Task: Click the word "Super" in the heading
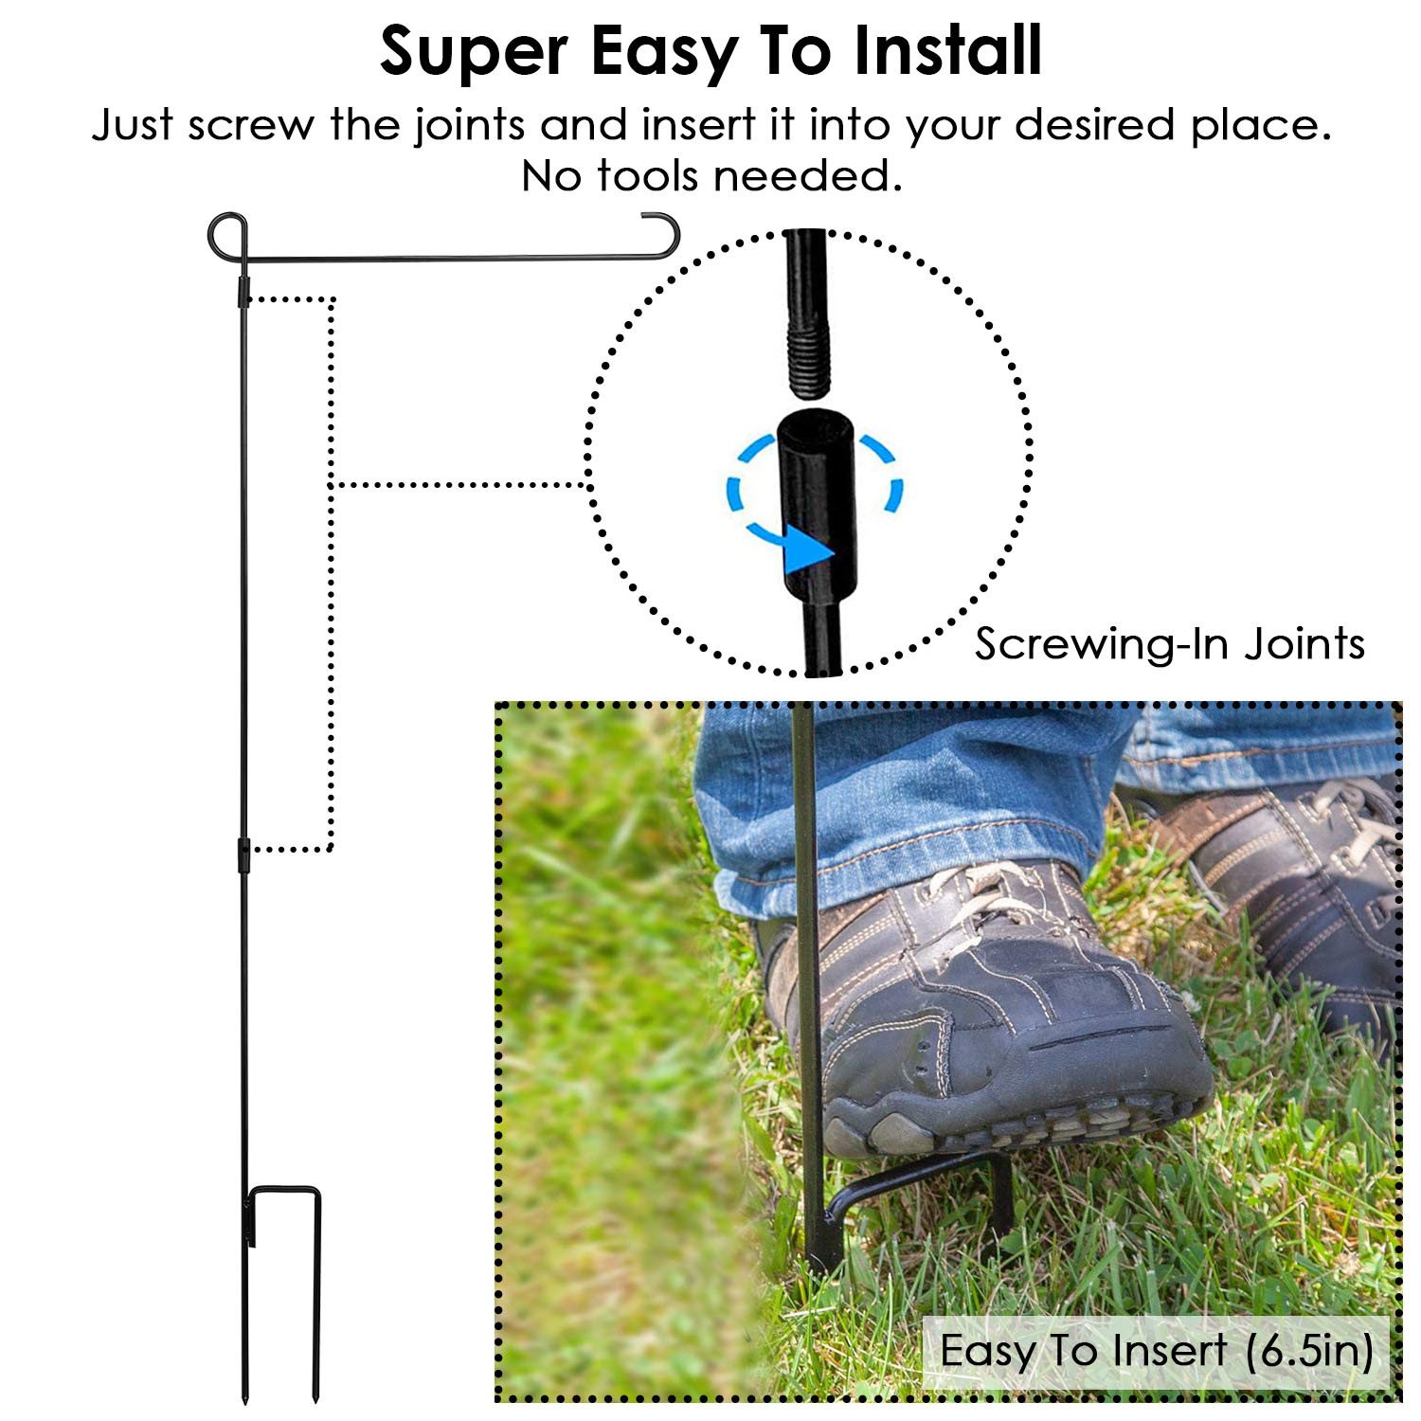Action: [474, 52]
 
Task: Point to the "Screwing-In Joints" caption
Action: [1170, 644]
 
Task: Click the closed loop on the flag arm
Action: [227, 237]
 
